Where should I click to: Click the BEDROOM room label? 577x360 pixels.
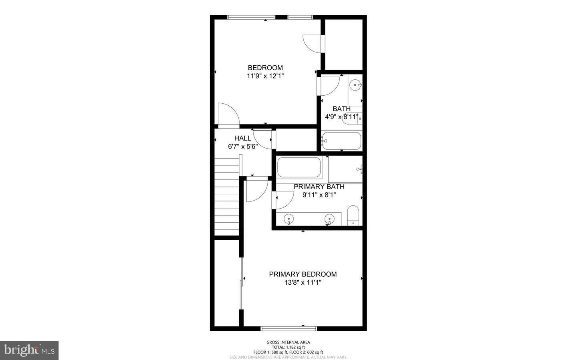(x=265, y=68)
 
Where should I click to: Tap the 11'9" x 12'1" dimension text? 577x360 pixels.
(x=265, y=76)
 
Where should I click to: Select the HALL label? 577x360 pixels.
(x=243, y=139)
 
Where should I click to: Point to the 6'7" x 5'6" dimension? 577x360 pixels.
(x=243, y=147)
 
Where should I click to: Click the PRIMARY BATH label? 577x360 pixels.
(x=319, y=187)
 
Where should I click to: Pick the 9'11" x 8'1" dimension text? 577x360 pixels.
(x=319, y=195)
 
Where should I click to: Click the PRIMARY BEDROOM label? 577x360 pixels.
(x=303, y=274)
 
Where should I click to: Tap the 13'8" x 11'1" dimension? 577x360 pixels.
(x=303, y=282)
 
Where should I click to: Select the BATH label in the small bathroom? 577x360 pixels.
(x=341, y=109)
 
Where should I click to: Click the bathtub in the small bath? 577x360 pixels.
(x=341, y=141)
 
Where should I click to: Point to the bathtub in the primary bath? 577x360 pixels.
(x=299, y=167)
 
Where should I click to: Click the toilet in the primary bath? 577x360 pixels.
(x=353, y=215)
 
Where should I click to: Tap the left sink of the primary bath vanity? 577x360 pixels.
(x=289, y=219)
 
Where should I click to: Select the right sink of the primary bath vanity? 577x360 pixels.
(x=329, y=219)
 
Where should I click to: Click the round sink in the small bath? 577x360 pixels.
(x=355, y=85)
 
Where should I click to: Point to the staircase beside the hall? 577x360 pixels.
(x=227, y=196)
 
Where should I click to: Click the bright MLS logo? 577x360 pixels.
(x=29, y=350)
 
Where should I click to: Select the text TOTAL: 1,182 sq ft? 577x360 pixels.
(x=288, y=347)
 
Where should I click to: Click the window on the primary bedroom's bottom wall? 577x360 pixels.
(x=288, y=329)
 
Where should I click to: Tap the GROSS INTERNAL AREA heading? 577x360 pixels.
(x=288, y=342)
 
